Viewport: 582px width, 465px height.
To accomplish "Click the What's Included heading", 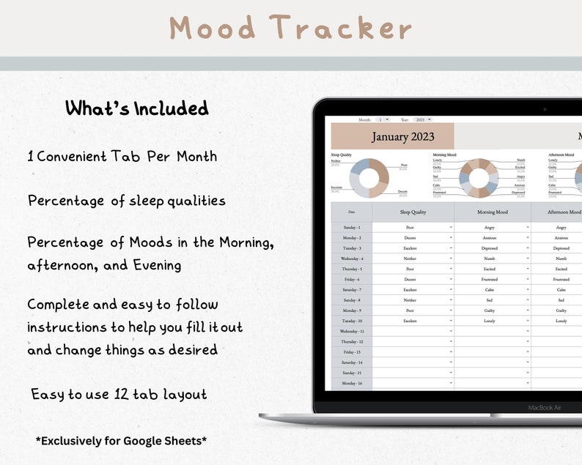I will tap(137, 109).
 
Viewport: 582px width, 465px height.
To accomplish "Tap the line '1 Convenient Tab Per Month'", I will tap(122, 156).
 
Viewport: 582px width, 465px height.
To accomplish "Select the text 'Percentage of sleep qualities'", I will tap(127, 201).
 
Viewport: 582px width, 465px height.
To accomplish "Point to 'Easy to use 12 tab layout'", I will tap(119, 395).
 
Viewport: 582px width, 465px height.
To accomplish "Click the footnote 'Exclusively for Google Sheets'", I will tap(121, 441).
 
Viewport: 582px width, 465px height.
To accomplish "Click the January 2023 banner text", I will tap(402, 137).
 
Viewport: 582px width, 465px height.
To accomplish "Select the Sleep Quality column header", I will tap(413, 212).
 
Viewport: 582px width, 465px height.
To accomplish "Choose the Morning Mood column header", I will tap(492, 212).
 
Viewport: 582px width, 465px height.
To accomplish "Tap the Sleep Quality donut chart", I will tap(369, 178).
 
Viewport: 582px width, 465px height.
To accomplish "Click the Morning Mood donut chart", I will tap(479, 178).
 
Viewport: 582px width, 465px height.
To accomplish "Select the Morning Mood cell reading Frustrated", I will tap(490, 279).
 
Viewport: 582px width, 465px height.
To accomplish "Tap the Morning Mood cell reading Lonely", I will tap(490, 321).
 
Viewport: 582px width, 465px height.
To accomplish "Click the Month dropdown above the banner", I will tap(383, 119).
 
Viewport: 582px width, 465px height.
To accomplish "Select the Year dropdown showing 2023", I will tap(421, 119).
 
